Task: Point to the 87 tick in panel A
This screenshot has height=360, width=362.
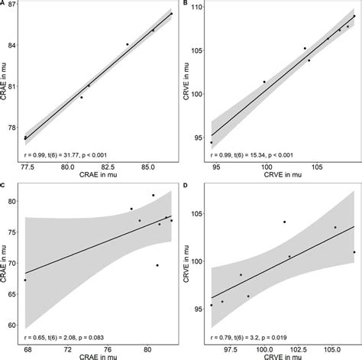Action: pos(13,7)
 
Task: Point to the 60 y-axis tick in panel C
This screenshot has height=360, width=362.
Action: pos(13,325)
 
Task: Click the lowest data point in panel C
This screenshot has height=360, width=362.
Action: pos(25,281)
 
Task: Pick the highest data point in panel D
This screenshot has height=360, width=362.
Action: pos(284,222)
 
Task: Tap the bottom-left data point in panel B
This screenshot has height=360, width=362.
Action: pos(212,142)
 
